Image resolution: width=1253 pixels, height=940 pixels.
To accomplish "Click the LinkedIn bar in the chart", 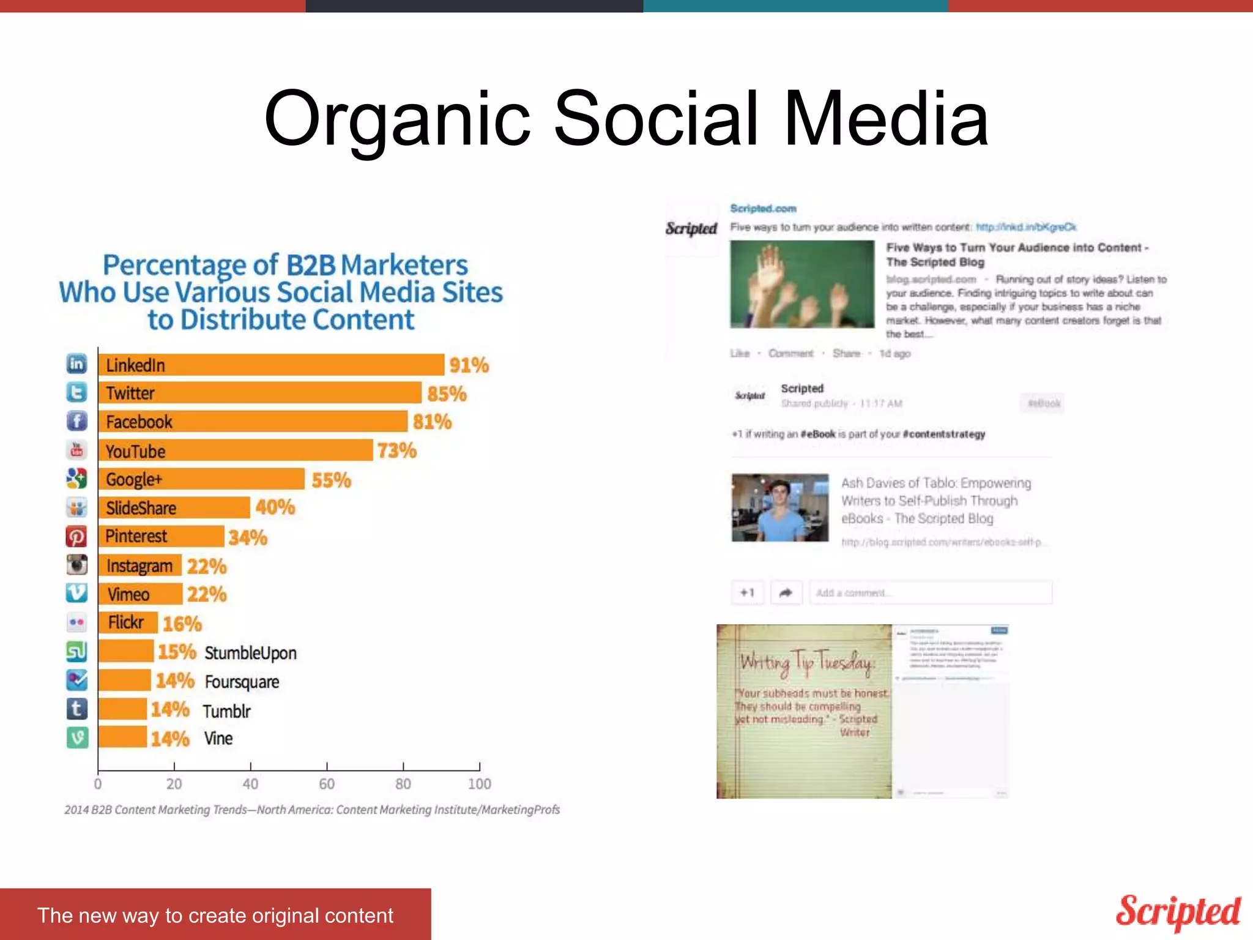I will tap(271, 365).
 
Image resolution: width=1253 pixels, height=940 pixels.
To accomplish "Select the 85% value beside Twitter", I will tap(447, 394).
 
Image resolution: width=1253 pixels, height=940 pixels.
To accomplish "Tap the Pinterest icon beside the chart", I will tap(76, 537).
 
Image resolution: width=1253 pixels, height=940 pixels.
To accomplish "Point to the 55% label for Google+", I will tap(331, 480).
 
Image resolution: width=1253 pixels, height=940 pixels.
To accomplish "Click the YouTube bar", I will tap(236, 450).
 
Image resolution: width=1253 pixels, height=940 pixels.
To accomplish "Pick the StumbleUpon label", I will tap(250, 653).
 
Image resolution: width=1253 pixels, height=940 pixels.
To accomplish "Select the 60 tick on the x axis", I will tap(327, 783).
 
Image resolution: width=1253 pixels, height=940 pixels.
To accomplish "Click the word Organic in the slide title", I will tap(396, 119).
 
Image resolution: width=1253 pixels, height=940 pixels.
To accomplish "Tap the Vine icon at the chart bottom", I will tap(77, 738).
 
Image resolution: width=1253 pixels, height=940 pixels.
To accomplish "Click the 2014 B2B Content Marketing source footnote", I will tap(311, 810).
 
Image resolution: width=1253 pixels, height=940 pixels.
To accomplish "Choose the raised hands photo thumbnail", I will tap(802, 285).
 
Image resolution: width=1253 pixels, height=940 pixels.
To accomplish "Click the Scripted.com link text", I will tap(763, 209).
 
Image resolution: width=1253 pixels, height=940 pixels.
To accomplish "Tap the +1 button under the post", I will tap(747, 592).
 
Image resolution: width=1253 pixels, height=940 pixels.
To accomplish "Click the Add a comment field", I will tap(930, 592).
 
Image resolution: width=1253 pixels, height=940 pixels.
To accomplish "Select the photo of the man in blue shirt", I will tap(780, 508).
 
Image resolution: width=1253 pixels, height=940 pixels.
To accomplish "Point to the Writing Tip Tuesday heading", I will tap(806, 663).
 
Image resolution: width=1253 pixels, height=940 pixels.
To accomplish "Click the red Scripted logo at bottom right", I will tap(1178, 912).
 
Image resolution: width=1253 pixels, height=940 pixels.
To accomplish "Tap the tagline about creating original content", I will tap(215, 916).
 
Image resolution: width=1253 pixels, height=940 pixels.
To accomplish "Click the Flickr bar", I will tap(128, 623).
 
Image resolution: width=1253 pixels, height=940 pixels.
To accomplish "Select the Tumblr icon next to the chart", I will tap(77, 709).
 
